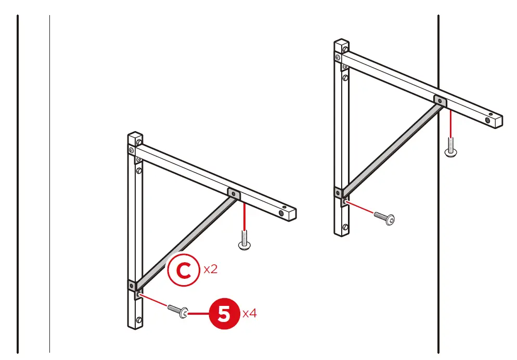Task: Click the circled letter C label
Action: (183, 269)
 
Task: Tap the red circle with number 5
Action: (224, 314)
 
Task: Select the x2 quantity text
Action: (210, 269)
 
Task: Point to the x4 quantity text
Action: (250, 314)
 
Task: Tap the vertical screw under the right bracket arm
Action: (450, 147)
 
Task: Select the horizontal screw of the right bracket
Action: (384, 217)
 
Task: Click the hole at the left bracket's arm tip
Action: (281, 213)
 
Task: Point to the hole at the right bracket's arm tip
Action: (488, 120)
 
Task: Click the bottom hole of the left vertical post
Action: (138, 319)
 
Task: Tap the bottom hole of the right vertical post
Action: (345, 227)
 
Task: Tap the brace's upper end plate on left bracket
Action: (234, 194)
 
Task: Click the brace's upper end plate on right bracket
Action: (440, 100)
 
